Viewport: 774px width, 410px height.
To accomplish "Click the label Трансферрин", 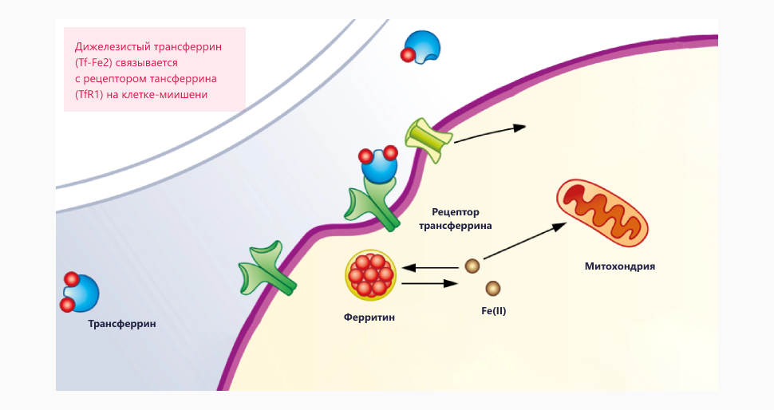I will tap(122, 324).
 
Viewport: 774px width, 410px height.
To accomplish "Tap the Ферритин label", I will tap(369, 317).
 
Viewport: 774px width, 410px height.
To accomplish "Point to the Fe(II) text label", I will tap(493, 310).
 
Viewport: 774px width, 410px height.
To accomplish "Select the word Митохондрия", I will tap(620, 266).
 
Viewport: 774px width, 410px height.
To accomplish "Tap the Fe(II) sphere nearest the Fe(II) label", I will tap(493, 287).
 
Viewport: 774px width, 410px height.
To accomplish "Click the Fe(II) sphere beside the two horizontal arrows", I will tap(472, 266).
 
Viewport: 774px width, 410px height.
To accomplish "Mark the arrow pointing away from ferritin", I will tap(429, 282).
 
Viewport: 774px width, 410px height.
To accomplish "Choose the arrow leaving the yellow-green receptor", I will tap(488, 133).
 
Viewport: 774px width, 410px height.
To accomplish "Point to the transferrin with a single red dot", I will tap(420, 46).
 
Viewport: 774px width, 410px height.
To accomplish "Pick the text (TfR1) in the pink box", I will tap(89, 94).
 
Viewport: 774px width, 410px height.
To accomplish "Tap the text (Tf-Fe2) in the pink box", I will tap(96, 62).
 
